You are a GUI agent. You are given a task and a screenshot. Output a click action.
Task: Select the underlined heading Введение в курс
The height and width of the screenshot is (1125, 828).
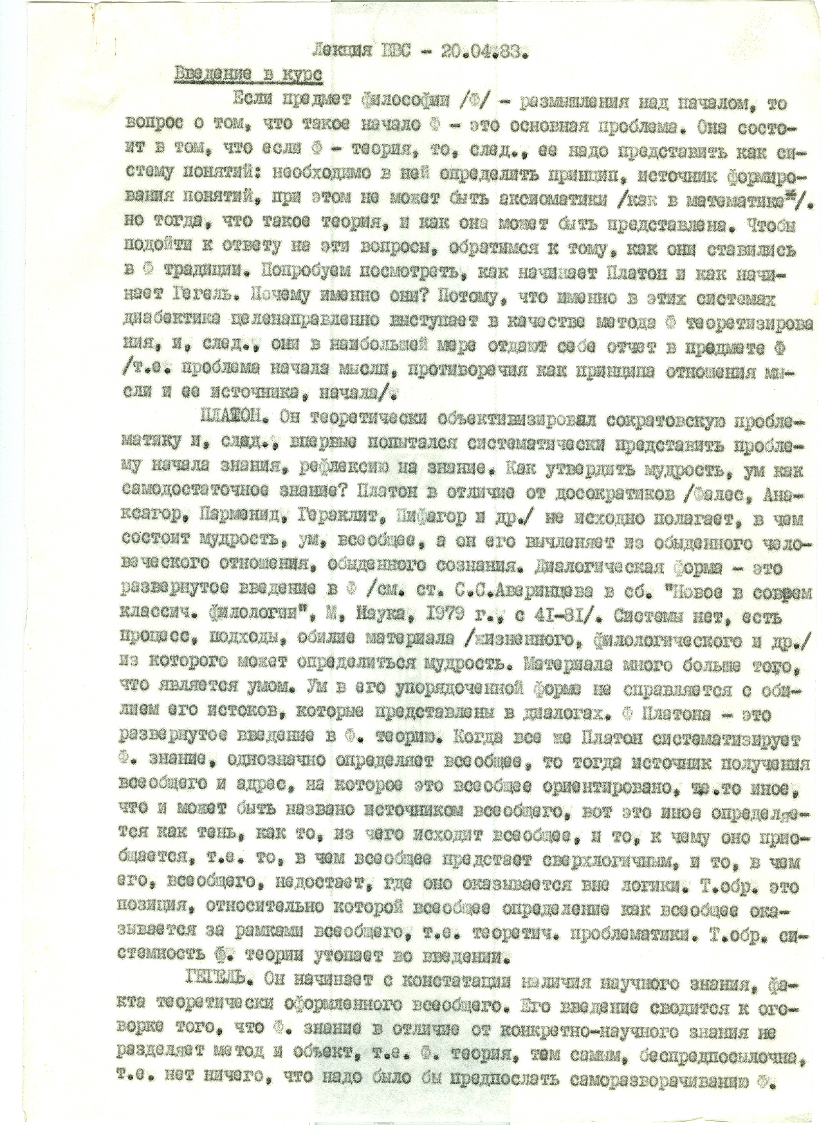click(x=248, y=74)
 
